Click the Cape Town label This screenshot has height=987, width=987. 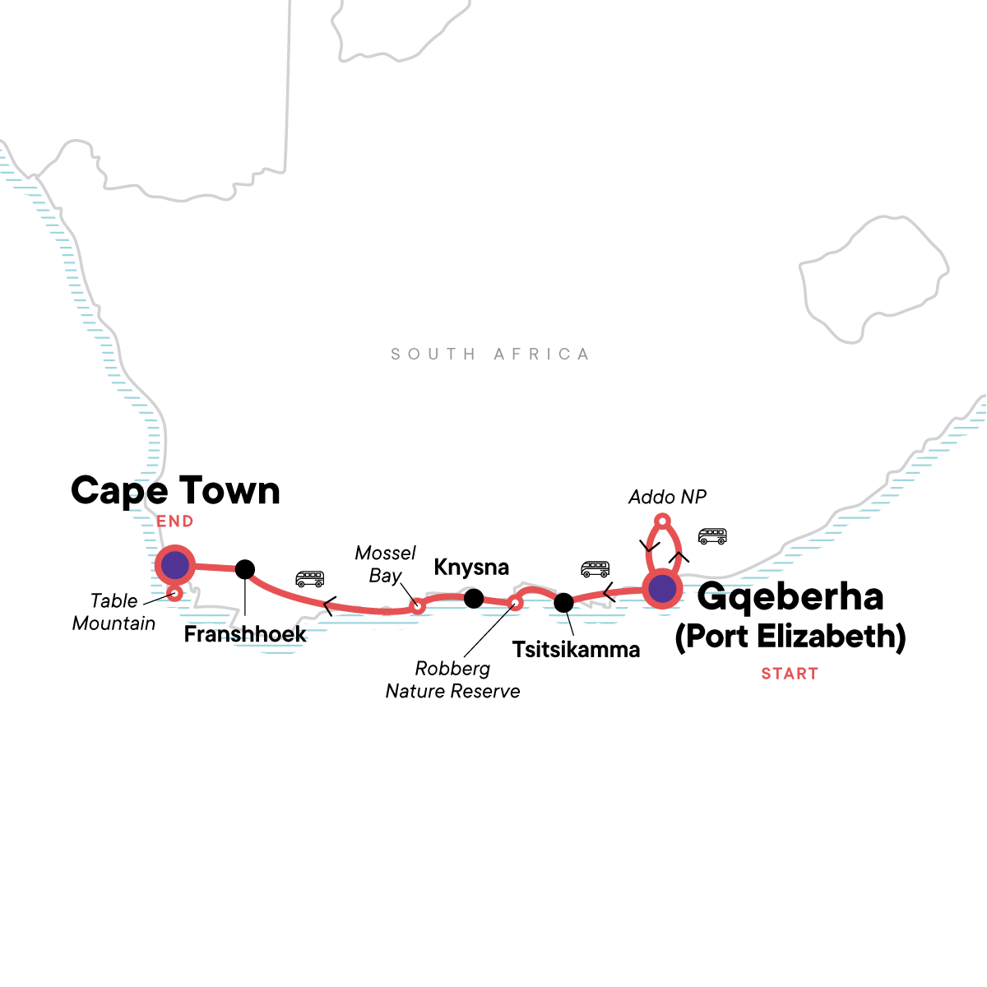(175, 491)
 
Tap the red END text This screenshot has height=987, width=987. (175, 521)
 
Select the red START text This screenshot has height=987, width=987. (790, 674)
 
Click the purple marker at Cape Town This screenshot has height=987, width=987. (174, 565)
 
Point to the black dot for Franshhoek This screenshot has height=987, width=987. (244, 568)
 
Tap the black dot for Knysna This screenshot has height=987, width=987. (474, 598)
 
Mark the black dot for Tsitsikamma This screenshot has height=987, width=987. (563, 603)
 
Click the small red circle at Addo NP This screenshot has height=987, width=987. (661, 520)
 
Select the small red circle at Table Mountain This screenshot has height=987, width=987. (174, 593)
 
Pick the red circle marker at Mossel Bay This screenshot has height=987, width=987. (418, 607)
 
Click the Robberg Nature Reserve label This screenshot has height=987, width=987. (452, 680)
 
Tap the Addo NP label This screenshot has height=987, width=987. (667, 497)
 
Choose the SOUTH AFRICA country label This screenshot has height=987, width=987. (490, 354)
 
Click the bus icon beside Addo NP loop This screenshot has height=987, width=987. (712, 536)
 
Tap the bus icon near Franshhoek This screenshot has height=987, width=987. (310, 579)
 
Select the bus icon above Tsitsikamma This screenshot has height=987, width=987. (595, 569)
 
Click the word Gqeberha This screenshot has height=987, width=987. (790, 598)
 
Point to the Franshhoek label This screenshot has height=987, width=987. (245, 634)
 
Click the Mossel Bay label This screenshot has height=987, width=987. (385, 564)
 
